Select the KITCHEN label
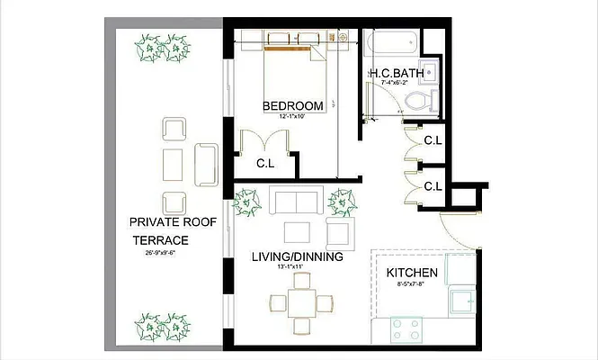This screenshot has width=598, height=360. click(x=412, y=273)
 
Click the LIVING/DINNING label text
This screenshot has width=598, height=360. click(x=297, y=257)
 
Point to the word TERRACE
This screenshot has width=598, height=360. click(x=161, y=241)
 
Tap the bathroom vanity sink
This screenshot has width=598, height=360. click(x=430, y=72)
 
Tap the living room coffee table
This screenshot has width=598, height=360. click(x=298, y=232)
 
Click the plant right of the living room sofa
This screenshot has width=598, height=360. click(x=341, y=202)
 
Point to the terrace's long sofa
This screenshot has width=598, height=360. click(x=205, y=164)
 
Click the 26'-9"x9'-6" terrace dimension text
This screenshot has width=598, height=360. click(x=160, y=254)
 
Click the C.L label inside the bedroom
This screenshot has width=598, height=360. click(x=265, y=164)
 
